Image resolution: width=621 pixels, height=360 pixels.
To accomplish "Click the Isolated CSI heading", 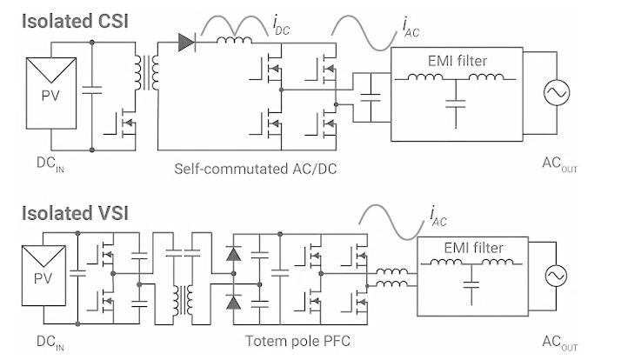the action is click(75, 21).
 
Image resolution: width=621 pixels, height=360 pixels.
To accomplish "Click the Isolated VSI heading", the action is click(75, 213).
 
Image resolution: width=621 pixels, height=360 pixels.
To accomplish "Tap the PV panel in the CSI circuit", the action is click(51, 93).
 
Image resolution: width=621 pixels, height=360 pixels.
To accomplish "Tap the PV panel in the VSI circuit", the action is click(43, 276).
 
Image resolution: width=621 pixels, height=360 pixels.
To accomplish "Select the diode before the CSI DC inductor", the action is click(186, 43).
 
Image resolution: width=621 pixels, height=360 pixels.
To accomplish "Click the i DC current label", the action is click(281, 26).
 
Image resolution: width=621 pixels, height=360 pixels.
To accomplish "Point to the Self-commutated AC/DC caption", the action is click(256, 169).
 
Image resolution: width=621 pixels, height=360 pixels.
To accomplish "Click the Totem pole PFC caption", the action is click(297, 341).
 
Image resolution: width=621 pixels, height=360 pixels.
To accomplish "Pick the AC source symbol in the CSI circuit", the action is click(557, 93).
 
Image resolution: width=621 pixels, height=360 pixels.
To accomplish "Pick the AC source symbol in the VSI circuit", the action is click(556, 276).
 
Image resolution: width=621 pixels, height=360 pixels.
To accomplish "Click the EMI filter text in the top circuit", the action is click(457, 61).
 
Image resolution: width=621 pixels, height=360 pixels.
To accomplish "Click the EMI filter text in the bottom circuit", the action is click(474, 248).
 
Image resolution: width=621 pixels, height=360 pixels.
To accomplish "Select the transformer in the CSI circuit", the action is click(146, 73).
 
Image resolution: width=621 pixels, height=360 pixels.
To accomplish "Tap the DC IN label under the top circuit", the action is click(50, 164).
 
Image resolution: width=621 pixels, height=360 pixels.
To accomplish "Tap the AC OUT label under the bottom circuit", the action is click(559, 343).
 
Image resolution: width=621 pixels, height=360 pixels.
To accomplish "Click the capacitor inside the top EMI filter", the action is click(456, 103).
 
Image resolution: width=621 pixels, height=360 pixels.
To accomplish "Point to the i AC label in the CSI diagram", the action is click(411, 28).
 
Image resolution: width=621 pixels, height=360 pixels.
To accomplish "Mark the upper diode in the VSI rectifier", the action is click(233, 254).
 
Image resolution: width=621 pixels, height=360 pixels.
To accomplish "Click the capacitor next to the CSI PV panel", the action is click(92, 90).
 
